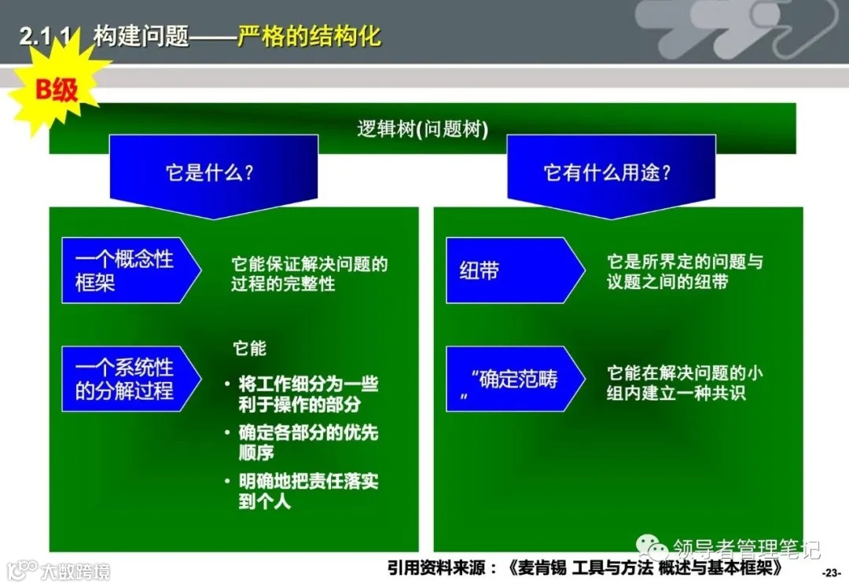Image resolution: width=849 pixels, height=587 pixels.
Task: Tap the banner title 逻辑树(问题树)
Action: coord(423,129)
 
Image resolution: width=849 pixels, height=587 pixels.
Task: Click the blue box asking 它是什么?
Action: coord(213,173)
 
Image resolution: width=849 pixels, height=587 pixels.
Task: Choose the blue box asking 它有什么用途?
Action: coord(610,173)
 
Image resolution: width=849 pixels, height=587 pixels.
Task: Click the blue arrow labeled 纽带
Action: coord(511,270)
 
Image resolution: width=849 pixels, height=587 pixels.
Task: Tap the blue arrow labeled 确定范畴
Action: coord(511,379)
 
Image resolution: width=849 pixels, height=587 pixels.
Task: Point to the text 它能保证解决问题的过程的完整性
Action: coord(309,273)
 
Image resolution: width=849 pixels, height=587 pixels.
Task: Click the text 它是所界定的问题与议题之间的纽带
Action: coord(684,271)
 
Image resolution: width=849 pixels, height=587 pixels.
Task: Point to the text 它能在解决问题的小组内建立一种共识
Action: coord(684,383)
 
